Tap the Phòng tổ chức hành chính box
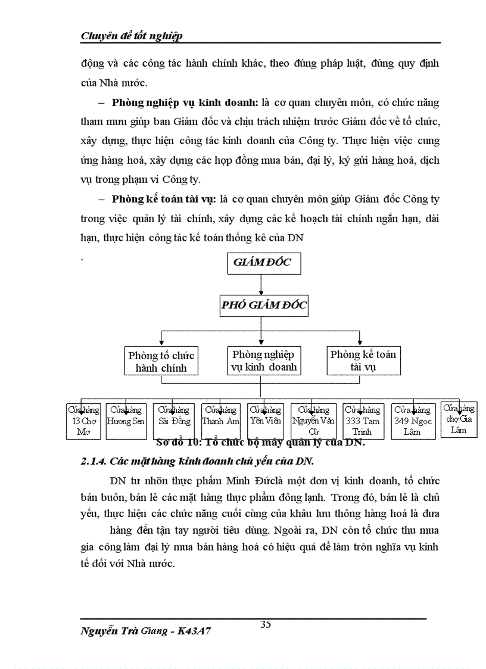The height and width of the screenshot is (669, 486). click(x=161, y=361)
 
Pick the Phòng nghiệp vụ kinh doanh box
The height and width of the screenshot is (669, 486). click(x=263, y=360)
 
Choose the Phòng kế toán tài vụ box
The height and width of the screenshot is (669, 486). click(x=363, y=360)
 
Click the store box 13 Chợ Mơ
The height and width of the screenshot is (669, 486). click(x=83, y=421)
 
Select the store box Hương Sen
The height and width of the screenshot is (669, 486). click(x=126, y=421)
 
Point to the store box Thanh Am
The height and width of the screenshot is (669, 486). click(x=221, y=421)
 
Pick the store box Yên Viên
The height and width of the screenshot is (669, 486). click(x=266, y=421)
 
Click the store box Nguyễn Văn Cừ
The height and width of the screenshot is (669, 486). click(x=313, y=421)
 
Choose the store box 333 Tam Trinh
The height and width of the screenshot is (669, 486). click(x=362, y=421)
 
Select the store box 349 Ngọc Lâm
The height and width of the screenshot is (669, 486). click(x=412, y=421)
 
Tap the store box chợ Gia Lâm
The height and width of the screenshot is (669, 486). click(x=459, y=419)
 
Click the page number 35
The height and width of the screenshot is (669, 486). click(x=266, y=624)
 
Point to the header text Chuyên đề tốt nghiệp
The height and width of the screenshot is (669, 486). click(x=132, y=36)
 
